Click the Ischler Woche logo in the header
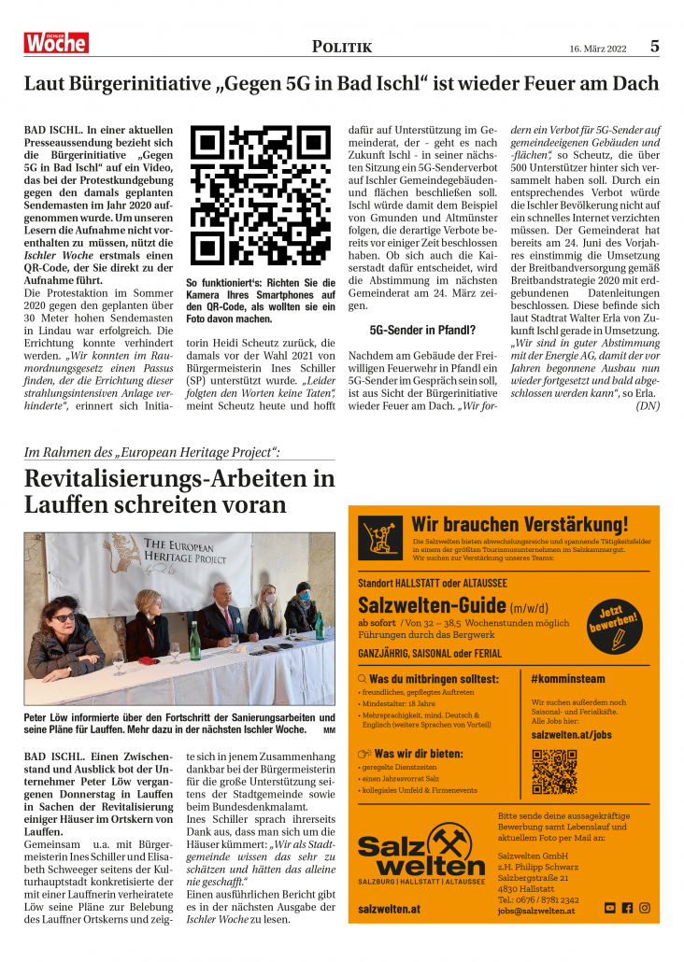coord(56,42)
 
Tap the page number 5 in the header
coord(655,46)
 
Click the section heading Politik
coord(341,47)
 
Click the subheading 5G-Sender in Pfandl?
coord(422,330)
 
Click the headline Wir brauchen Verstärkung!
coord(520,524)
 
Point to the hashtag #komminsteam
coord(567,679)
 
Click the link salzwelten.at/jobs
coord(571,734)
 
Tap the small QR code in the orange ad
coord(554,771)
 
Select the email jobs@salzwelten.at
coord(536,911)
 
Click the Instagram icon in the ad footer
coord(644,907)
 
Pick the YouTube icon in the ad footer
coord(610,907)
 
